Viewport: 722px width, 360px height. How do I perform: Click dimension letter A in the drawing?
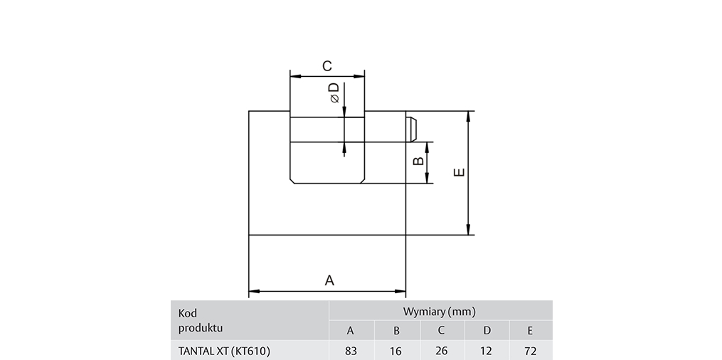pyautogui.click(x=329, y=280)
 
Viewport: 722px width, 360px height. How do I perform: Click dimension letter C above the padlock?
pyautogui.click(x=327, y=66)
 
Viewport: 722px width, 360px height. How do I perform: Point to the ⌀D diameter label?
pyautogui.click(x=334, y=92)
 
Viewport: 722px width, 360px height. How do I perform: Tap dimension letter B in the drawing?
pyautogui.click(x=419, y=162)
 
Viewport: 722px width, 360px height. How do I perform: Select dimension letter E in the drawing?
pyautogui.click(x=460, y=173)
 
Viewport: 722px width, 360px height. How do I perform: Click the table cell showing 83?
pyautogui.click(x=350, y=351)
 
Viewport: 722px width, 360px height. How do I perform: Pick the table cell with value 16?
pyautogui.click(x=396, y=351)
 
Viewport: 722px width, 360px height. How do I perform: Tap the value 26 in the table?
pyautogui.click(x=441, y=351)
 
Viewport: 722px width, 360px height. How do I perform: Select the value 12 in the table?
pyautogui.click(x=487, y=351)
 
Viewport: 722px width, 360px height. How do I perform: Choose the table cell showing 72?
pyautogui.click(x=530, y=351)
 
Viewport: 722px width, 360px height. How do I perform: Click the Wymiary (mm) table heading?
pyautogui.click(x=440, y=312)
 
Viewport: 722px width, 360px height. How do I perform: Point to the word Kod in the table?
pyautogui.click(x=188, y=313)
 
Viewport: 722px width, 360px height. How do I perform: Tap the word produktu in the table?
pyautogui.click(x=201, y=327)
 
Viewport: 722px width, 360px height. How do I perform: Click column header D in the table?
pyautogui.click(x=487, y=330)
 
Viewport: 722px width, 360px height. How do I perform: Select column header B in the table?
pyautogui.click(x=396, y=330)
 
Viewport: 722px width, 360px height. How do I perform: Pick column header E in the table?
pyautogui.click(x=530, y=330)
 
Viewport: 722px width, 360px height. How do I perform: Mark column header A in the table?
pyautogui.click(x=350, y=330)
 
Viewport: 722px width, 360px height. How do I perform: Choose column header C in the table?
pyautogui.click(x=441, y=330)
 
